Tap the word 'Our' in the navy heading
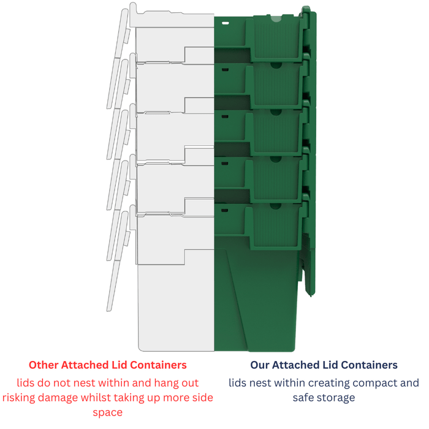[260, 365]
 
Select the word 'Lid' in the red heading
[120, 365]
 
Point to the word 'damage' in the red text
[58, 398]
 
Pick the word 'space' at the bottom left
[107, 413]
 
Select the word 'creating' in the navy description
[328, 383]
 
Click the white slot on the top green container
[225, 23]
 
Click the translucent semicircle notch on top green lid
[276, 18]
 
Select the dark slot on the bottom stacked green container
[225, 210]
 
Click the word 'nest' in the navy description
[260, 384]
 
